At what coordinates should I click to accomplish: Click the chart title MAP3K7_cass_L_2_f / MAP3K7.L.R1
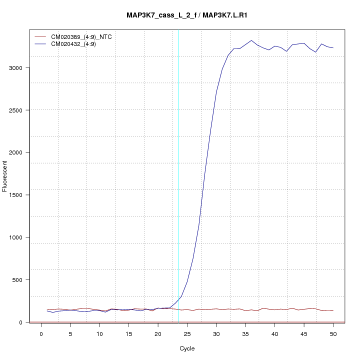(187, 15)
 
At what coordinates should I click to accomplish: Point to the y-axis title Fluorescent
(5, 176)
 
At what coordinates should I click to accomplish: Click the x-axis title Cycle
(186, 348)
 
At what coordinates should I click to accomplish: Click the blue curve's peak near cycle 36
(251, 40)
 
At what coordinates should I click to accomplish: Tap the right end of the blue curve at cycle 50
(333, 48)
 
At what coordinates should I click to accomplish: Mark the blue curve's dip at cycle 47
(315, 52)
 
